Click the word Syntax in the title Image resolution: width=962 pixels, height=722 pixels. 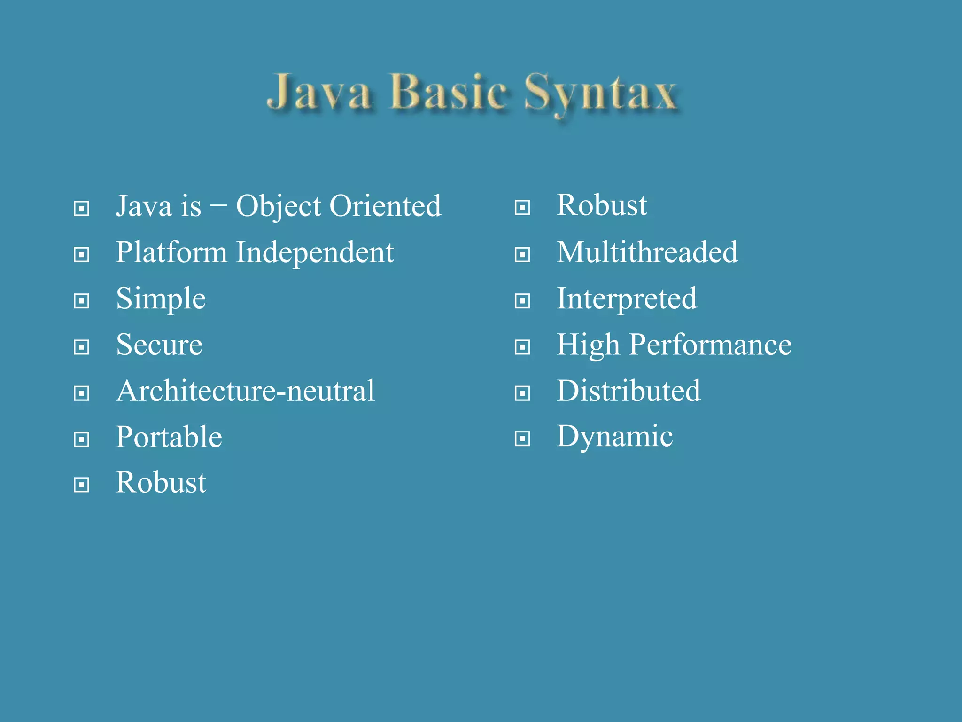click(x=600, y=94)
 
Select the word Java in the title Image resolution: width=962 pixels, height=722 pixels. click(x=319, y=92)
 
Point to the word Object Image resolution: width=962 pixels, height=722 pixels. click(x=279, y=207)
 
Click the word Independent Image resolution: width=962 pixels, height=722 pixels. click(x=315, y=253)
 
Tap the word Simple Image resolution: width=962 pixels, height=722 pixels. click(x=161, y=299)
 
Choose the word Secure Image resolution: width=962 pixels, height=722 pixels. click(x=159, y=345)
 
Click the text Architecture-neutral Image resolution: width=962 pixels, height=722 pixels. click(x=245, y=391)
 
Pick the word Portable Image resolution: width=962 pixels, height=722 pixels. click(x=169, y=437)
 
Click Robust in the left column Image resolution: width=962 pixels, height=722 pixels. click(x=161, y=482)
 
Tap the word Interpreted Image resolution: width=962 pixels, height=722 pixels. click(x=627, y=298)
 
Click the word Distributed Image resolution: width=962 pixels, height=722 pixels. click(x=628, y=391)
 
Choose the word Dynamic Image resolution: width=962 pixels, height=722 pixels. click(x=614, y=437)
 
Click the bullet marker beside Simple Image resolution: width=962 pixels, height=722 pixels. click(x=82, y=301)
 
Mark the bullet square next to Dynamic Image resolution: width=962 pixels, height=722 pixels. click(x=522, y=439)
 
